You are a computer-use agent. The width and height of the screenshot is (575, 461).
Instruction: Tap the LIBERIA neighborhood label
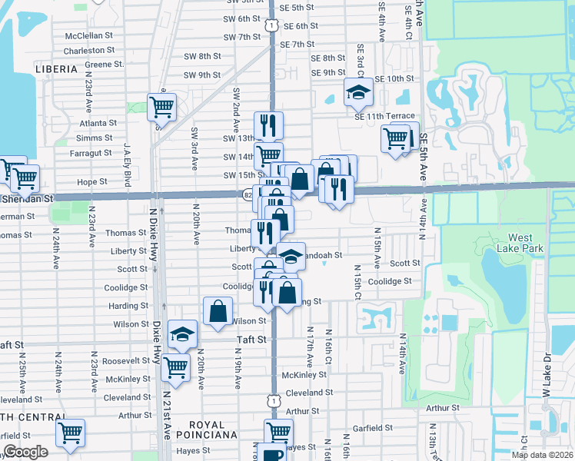[56, 69]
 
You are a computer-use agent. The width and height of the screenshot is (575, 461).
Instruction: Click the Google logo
[25, 453]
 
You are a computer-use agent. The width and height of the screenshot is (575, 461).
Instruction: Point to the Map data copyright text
[542, 455]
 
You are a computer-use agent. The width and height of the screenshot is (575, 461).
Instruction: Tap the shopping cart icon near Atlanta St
[161, 107]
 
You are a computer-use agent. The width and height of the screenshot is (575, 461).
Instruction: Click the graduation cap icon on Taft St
[182, 334]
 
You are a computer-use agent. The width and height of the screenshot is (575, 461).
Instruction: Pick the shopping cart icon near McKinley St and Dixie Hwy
[176, 368]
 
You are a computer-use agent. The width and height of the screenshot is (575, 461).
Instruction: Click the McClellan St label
[89, 36]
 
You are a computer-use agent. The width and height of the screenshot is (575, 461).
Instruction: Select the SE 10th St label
[395, 78]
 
